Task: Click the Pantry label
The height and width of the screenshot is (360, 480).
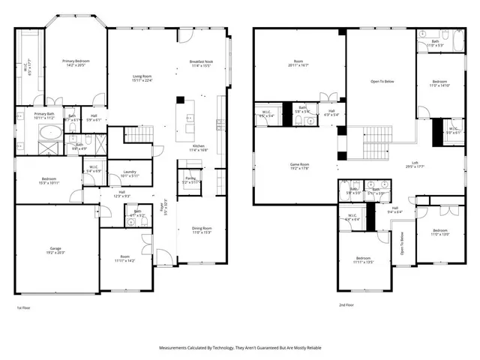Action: (190, 178)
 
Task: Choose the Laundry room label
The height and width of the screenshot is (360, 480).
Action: (130, 172)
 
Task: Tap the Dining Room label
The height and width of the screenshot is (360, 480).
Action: (202, 228)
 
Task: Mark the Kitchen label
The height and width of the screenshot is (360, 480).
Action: (198, 146)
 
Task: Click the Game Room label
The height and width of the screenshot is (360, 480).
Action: (301, 164)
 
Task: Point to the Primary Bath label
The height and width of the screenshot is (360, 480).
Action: (44, 114)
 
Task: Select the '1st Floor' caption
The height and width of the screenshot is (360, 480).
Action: (24, 307)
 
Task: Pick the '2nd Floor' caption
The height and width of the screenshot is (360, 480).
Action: (346, 305)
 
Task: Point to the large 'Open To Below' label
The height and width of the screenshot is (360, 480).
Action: (382, 81)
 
